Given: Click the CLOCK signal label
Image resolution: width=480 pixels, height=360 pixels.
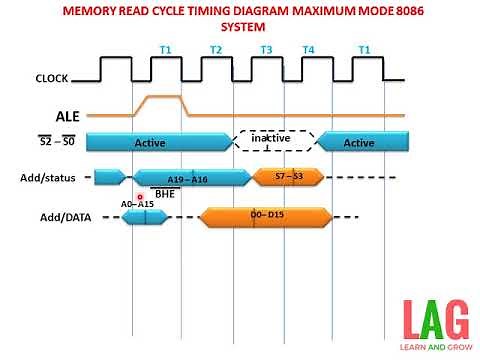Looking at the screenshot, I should pos(51,76).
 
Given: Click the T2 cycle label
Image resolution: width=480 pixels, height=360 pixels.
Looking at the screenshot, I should pos(216,49).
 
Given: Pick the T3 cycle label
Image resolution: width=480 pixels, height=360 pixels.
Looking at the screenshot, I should pos(266,49).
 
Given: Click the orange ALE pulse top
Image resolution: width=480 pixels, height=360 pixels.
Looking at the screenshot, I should pos(159,98).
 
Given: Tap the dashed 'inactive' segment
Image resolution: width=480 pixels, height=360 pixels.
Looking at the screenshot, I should pos(273,141).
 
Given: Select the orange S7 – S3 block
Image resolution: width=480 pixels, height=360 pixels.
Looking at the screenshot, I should pos(284,177).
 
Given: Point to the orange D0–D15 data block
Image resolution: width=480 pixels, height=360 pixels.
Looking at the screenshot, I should pos(266,215).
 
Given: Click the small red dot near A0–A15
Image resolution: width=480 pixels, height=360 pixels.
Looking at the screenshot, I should pos(141,197).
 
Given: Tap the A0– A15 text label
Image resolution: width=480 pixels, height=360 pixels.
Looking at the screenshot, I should pos(137,204).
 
